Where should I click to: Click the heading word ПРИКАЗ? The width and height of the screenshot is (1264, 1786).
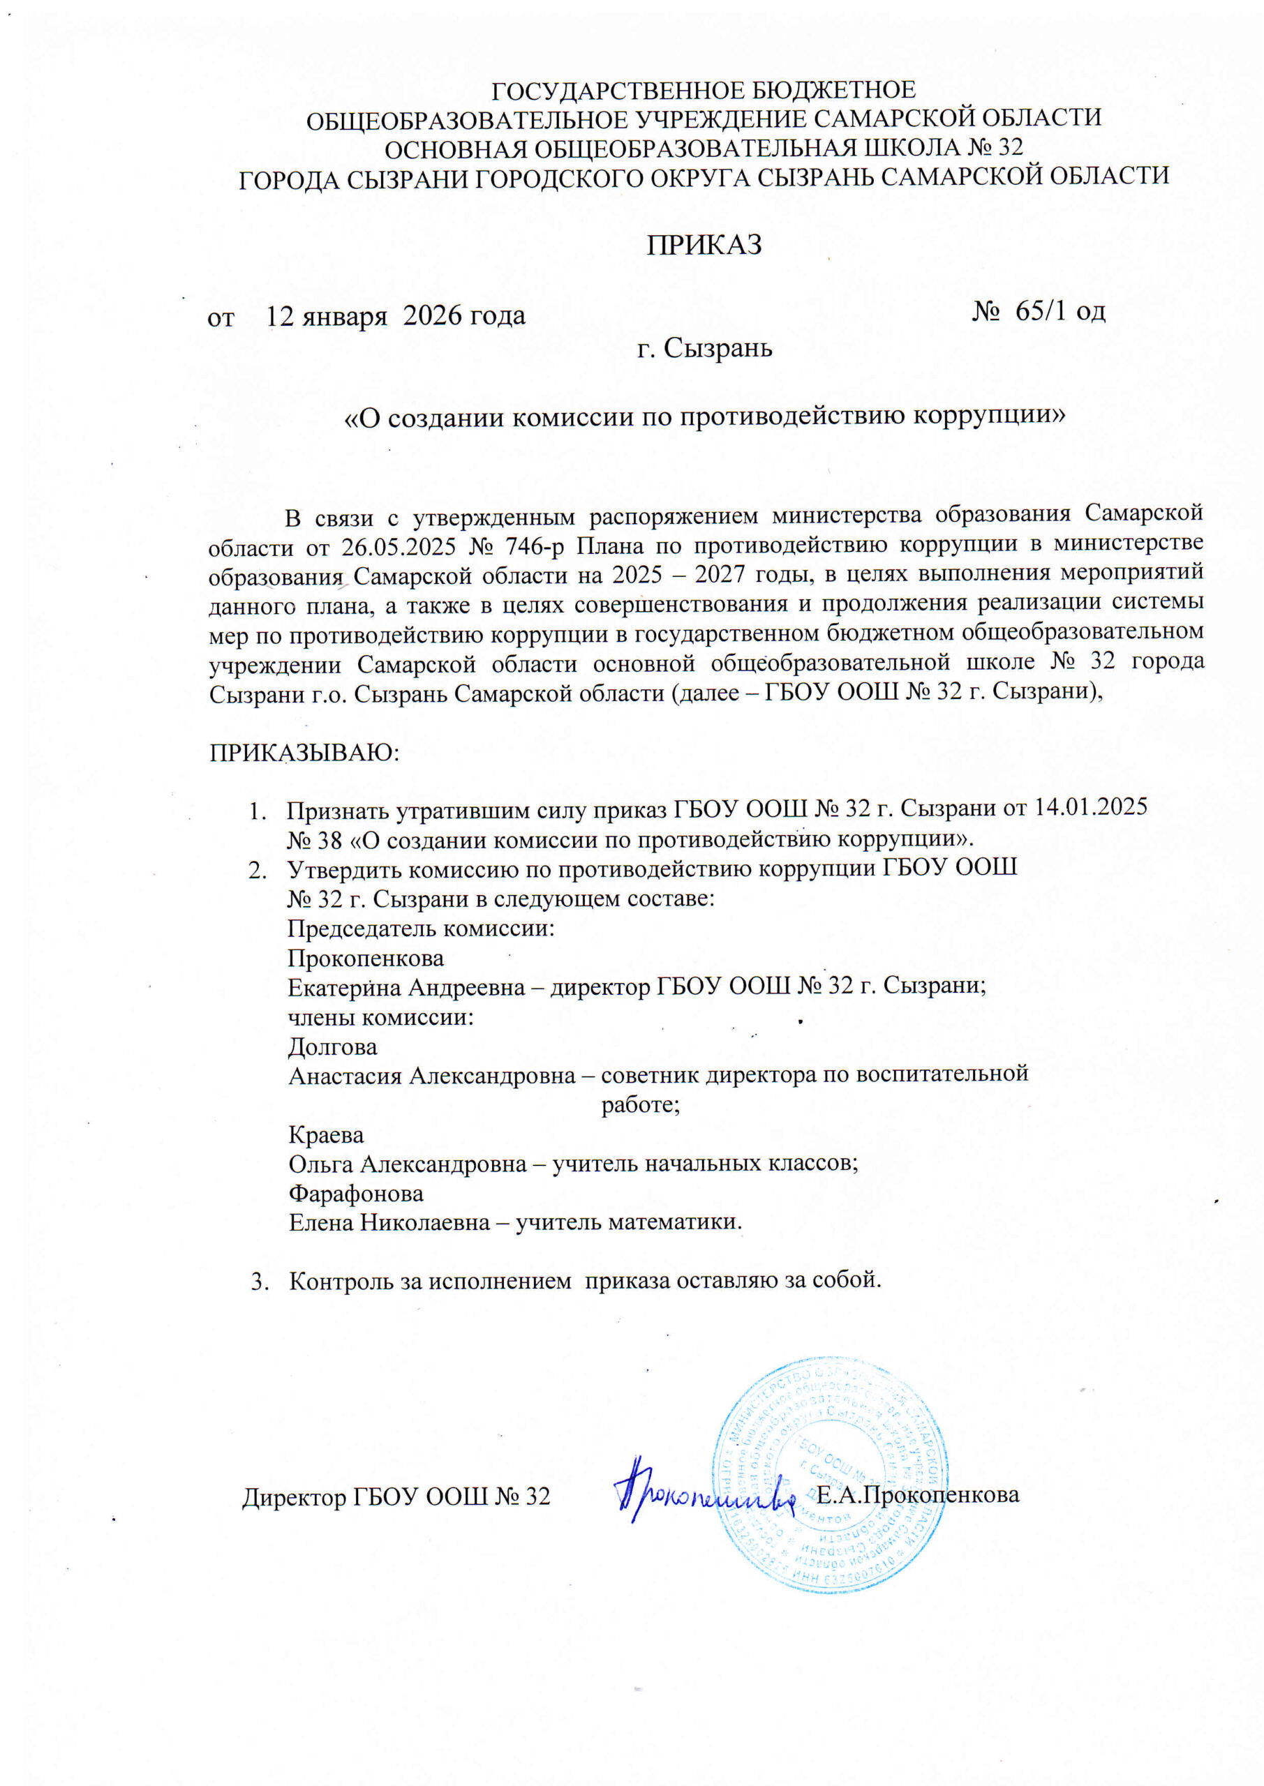pos(704,245)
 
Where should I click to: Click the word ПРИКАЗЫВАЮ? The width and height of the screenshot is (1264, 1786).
pos(304,753)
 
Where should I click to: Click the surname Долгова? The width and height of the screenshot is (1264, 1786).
pos(332,1047)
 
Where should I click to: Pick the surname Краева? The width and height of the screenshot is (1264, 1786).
pos(326,1135)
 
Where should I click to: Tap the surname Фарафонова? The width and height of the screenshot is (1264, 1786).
pos(356,1193)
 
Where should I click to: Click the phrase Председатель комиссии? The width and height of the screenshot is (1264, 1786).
pos(421,929)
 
